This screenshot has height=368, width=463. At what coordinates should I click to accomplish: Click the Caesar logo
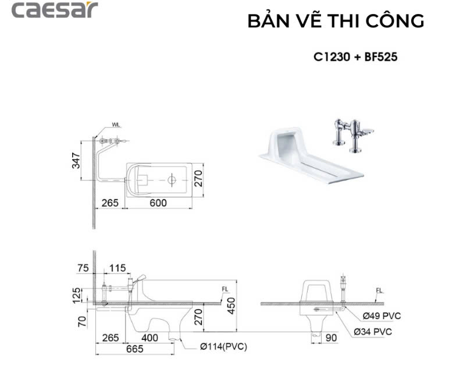point(55,10)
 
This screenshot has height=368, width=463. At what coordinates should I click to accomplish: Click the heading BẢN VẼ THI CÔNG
point(336,21)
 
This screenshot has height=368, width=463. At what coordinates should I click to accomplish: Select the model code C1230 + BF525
point(355,58)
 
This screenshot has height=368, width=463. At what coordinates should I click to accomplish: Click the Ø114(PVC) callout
point(223,347)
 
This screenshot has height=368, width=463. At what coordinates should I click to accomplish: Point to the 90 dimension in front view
point(331,337)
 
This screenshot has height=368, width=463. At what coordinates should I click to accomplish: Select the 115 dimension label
point(117,267)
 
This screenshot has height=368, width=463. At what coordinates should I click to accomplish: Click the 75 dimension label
point(83,267)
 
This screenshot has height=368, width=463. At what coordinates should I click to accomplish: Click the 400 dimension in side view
point(150,337)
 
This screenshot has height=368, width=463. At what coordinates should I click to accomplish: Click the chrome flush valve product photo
point(351,135)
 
